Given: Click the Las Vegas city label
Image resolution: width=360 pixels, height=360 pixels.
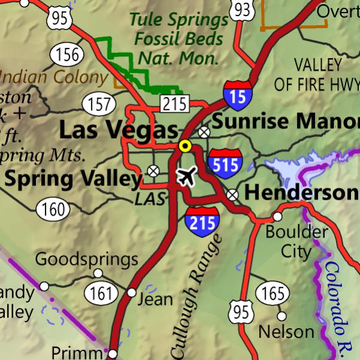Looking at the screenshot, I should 118,130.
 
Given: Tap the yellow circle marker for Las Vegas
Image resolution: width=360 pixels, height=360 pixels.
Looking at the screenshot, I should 185,146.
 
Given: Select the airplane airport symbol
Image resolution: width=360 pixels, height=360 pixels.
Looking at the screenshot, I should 187,177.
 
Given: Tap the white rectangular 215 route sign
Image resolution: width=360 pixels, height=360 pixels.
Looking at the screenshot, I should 174,104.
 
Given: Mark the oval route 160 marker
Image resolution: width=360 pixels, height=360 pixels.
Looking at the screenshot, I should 53,209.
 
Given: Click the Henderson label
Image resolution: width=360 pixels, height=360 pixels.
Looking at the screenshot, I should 302,193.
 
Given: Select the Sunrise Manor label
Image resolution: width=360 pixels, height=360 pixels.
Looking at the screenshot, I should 286,121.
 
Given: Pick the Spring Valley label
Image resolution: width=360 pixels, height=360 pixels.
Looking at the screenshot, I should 73,178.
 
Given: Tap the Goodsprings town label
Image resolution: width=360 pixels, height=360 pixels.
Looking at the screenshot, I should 86,260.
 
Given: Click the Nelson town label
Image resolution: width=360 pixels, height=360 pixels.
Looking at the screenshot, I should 286,331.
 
